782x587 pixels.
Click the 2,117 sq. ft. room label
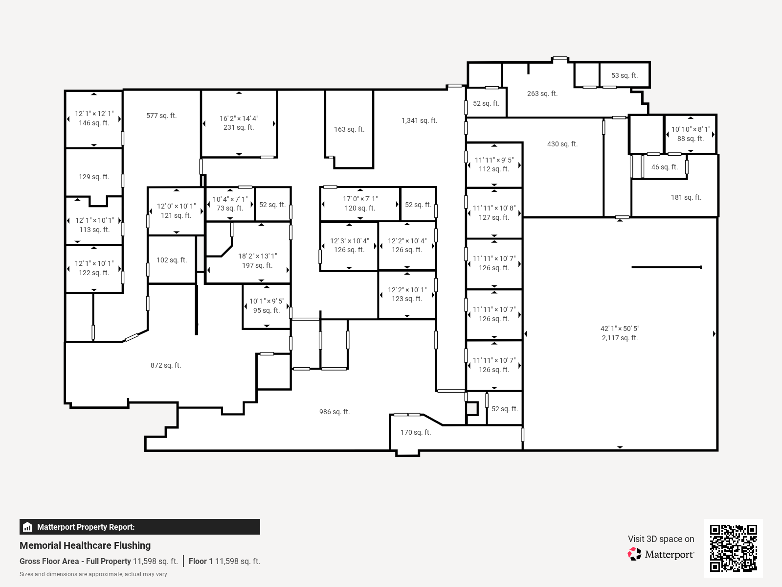pyautogui.click(x=620, y=338)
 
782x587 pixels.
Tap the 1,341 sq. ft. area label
pyautogui.click(x=419, y=120)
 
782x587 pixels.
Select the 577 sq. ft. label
pyautogui.click(x=161, y=116)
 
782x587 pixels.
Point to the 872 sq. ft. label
pyautogui.click(x=166, y=365)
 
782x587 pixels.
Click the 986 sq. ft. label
pyautogui.click(x=335, y=412)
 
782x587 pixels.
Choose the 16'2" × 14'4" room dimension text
pyautogui.click(x=239, y=118)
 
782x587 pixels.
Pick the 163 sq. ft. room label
pyautogui.click(x=349, y=129)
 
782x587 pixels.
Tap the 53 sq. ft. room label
pyautogui.click(x=625, y=75)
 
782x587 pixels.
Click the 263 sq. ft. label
pyautogui.click(x=542, y=94)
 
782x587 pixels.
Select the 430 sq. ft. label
pyautogui.click(x=562, y=144)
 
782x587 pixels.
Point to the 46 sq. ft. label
pyautogui.click(x=665, y=167)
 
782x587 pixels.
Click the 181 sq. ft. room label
pyautogui.click(x=686, y=197)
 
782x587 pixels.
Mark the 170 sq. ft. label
pyautogui.click(x=416, y=432)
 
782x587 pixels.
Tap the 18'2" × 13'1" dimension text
pyautogui.click(x=257, y=256)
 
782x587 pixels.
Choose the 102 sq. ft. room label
pyautogui.click(x=172, y=260)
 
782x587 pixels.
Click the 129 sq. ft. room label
pyautogui.click(x=94, y=177)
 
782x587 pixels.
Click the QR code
pyautogui.click(x=733, y=548)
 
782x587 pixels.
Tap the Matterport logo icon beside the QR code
pyautogui.click(x=634, y=554)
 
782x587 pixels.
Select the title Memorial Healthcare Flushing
pyautogui.click(x=85, y=546)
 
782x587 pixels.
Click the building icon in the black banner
pyautogui.click(x=27, y=527)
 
